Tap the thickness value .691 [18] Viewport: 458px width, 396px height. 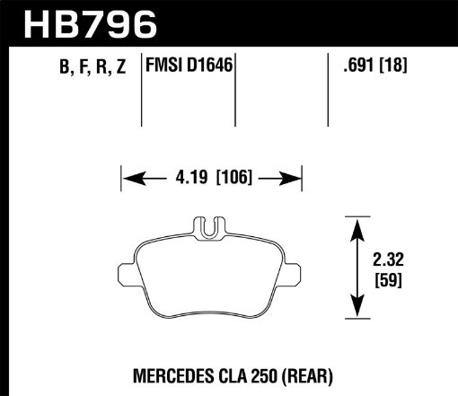369,65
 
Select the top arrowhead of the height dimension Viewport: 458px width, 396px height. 358,222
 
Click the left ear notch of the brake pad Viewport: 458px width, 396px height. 124,270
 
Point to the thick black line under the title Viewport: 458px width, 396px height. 229,46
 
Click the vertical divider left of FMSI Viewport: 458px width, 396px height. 143,90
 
